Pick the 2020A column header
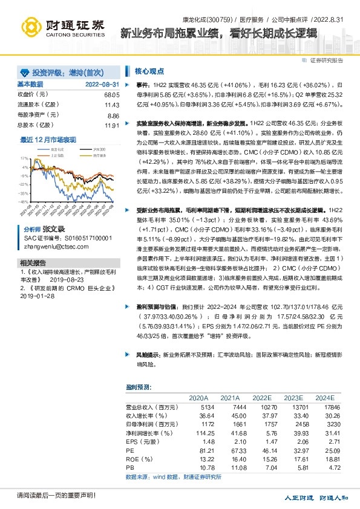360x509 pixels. click(198, 398)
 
